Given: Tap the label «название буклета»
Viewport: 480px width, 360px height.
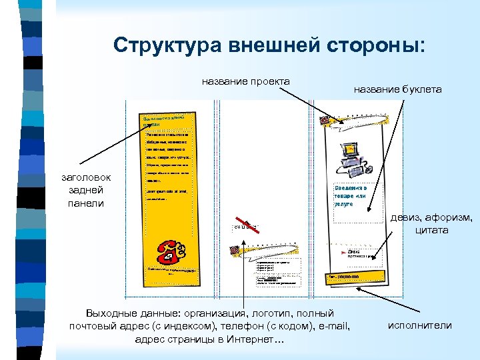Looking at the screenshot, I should click(397, 89).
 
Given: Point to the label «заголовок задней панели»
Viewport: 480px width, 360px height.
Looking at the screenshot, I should click(87, 190).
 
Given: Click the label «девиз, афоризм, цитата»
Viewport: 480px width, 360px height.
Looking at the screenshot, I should click(432, 224).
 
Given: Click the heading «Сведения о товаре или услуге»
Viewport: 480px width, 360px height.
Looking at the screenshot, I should click(351, 196).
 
